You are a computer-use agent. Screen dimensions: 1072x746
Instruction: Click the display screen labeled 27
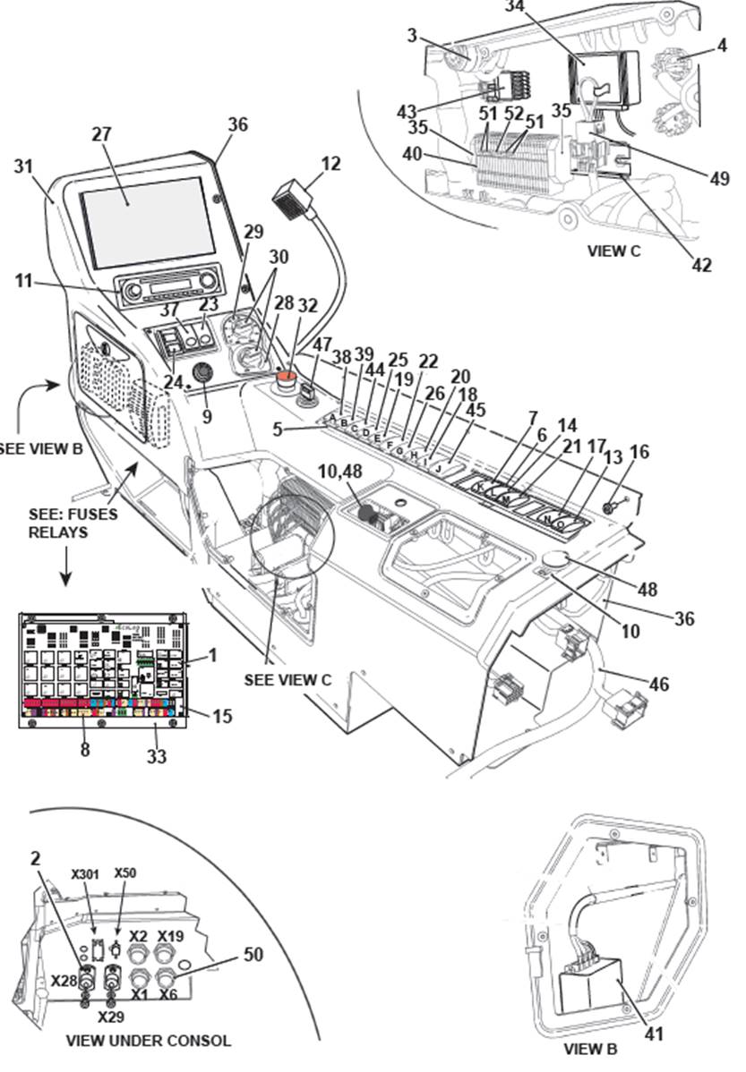[x=148, y=221]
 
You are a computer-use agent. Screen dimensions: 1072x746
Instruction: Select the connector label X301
[x=87, y=874]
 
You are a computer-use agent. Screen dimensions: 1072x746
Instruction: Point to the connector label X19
[x=170, y=936]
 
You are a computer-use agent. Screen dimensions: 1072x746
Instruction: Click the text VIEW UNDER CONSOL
[x=149, y=1041]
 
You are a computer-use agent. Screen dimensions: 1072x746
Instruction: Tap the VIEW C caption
[x=613, y=251]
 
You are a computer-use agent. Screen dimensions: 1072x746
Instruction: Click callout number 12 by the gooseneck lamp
[x=331, y=164]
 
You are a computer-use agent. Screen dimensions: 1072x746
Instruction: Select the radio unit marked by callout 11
[x=170, y=290]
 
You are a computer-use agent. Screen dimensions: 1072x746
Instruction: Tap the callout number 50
[x=253, y=955]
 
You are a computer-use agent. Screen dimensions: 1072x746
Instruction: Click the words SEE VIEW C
[x=287, y=679]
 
